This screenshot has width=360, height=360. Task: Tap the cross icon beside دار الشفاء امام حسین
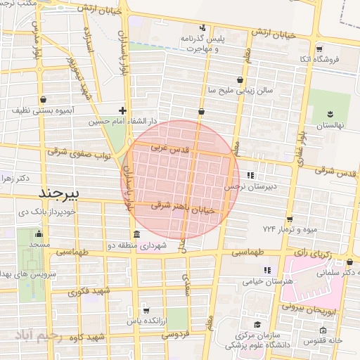click(123, 110)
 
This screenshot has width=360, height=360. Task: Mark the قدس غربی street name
click(171, 150)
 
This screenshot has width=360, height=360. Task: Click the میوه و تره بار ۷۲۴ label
click(288, 229)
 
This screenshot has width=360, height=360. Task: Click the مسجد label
click(39, 244)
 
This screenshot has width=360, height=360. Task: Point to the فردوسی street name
click(176, 335)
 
